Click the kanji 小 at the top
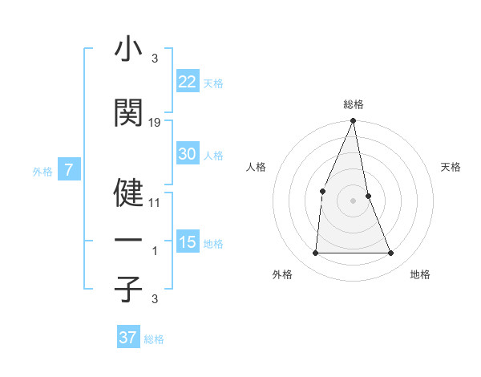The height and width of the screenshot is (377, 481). coord(128,51)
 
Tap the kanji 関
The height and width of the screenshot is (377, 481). coord(128,113)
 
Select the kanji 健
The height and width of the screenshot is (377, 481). coord(128,192)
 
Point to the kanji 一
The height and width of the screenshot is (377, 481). coord(128,241)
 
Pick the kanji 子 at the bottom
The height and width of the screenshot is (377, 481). coord(128,289)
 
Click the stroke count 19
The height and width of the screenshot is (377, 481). coord(155,123)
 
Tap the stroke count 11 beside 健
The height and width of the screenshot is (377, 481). coord(155,203)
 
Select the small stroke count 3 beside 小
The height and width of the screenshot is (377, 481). coord(155,59)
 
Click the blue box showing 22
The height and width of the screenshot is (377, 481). coord(187,83)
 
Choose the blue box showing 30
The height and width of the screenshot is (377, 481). coord(187,154)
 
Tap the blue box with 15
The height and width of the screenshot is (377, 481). coord(187,242)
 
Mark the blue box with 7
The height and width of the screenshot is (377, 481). coord(69,170)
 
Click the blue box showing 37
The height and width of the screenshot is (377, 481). coord(127,338)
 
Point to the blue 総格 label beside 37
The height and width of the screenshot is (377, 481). coord(154,339)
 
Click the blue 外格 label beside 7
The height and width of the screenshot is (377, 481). coord(42,171)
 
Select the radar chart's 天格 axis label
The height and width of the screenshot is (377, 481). coord(451,167)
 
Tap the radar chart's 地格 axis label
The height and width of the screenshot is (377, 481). coord(420,274)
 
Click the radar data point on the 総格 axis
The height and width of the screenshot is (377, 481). coord(353,121)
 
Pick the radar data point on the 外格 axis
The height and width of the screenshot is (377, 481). coord(315,253)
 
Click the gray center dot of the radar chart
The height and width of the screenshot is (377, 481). coord(353,201)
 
